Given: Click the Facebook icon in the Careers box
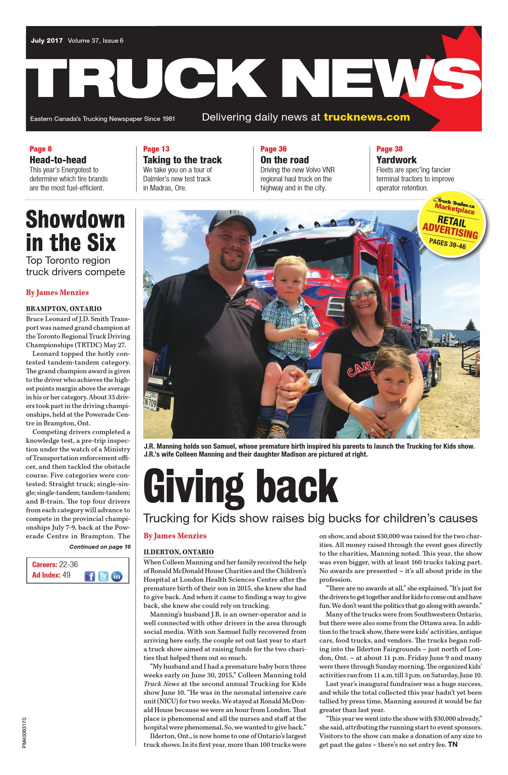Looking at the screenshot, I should coord(90,576).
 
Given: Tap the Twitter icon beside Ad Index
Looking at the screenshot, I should coord(103,576).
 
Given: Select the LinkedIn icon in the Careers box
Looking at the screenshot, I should coord(117,576).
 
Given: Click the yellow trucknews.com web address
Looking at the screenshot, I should coord(367,117).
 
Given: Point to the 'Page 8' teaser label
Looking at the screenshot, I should coord(41,149).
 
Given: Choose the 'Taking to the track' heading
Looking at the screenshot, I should coord(182,160).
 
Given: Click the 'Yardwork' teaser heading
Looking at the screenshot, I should coord(396,160).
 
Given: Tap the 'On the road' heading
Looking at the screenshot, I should coord(285,160).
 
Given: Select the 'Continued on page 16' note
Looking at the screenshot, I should coord(100,547).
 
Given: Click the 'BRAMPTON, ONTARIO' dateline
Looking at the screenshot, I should coord(64,309).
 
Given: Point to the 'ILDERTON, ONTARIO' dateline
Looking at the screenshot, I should coord(179,552).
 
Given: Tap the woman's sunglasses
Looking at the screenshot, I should coord(362,295).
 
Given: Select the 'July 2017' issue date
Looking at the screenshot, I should coord(47,41).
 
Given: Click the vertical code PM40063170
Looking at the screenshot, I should coord(24,732).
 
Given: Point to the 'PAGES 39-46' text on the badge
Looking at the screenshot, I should coord(447,243).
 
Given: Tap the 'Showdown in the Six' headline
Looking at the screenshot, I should coord(75,231).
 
